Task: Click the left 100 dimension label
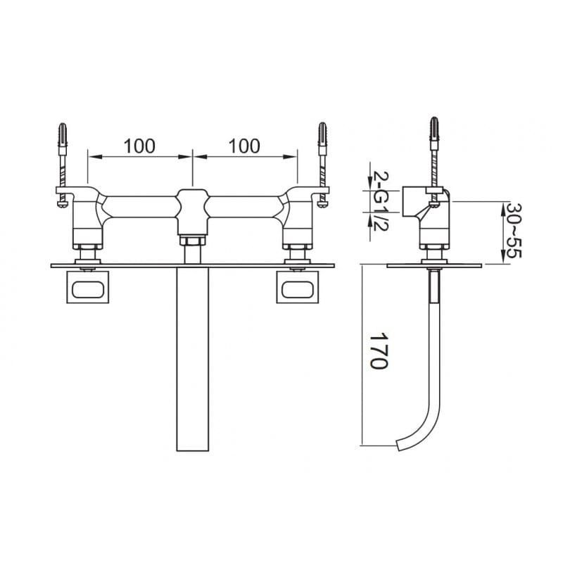pos(139,146)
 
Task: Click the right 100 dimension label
pos(244,146)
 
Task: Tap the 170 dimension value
pos(379,350)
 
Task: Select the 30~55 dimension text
pos(514,230)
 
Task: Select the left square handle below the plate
pos(87,287)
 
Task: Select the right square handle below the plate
pos(297,287)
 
